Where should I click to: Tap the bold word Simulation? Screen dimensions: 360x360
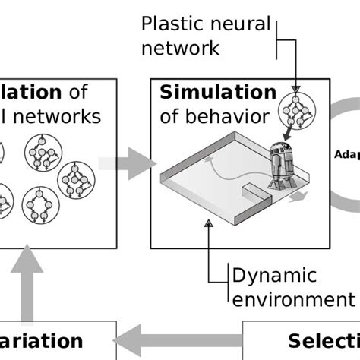218,93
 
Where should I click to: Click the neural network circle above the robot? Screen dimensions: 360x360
296,112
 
